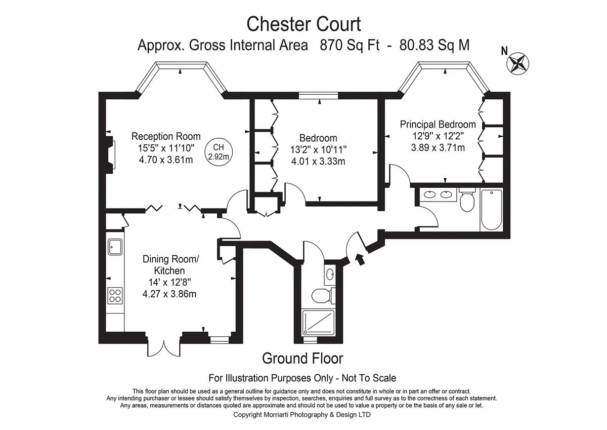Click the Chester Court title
[303, 24]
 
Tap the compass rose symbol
[517, 63]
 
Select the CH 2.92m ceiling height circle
[219, 152]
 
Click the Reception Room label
[166, 136]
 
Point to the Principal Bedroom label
[438, 125]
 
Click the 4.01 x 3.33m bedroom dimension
[318, 162]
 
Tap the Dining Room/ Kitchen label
[170, 265]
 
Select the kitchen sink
[115, 247]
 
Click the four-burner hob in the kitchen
[115, 296]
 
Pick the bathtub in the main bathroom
[491, 210]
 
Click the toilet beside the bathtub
[467, 200]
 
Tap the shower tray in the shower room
[318, 322]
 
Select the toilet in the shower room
[323, 295]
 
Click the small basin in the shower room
[330, 275]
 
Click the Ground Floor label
[302, 359]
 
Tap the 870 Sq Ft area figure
[350, 45]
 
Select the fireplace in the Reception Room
[111, 154]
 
